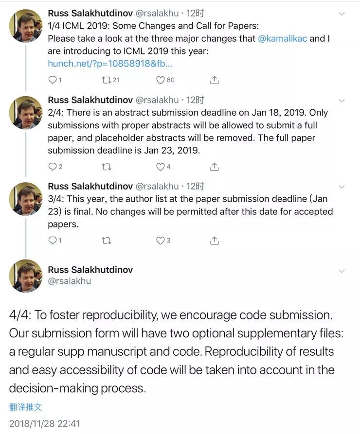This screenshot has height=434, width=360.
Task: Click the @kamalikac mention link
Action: [x=283, y=38]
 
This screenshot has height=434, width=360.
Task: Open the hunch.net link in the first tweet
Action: [x=110, y=63]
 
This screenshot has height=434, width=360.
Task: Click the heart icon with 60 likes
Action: [x=160, y=80]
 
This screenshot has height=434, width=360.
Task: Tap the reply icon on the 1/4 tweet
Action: [x=53, y=80]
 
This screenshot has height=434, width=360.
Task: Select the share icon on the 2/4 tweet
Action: [x=214, y=167]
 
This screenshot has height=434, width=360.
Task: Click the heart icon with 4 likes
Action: [x=160, y=167]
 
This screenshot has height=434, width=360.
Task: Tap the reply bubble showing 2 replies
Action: [x=53, y=167]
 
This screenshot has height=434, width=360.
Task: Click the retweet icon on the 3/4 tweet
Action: [x=106, y=240]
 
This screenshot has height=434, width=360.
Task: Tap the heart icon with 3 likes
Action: [x=160, y=240]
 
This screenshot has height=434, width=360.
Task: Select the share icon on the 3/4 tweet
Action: [x=214, y=240]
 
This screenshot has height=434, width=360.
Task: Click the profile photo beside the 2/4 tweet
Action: [x=26, y=112]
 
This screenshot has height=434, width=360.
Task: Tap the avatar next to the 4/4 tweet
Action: [x=26, y=276]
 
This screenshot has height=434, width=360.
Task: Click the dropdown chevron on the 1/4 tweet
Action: [x=342, y=14]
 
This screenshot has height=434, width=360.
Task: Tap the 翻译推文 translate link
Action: [x=25, y=407]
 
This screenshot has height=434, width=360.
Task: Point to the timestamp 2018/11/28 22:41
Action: [x=44, y=423]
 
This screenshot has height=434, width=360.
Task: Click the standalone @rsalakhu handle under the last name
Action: [x=69, y=281]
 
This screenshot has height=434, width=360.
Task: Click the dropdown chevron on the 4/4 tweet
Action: [x=342, y=271]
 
